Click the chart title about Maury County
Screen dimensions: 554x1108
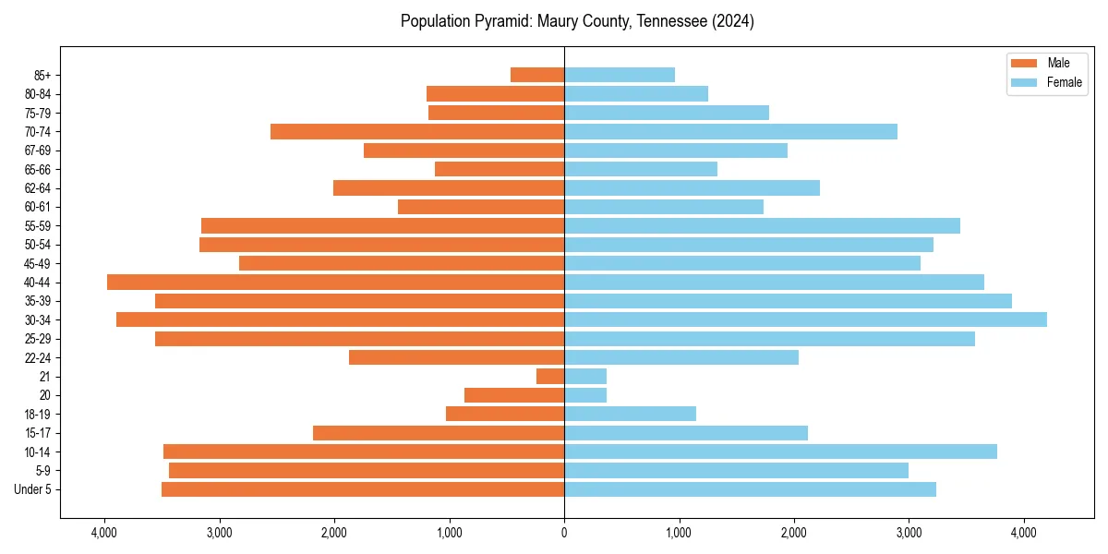point(577,21)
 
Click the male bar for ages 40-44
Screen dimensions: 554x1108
point(335,282)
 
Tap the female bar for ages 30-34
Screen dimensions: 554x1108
point(805,319)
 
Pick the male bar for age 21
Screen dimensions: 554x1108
point(550,376)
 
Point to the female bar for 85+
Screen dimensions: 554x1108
point(620,75)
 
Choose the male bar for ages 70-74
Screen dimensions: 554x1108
point(417,131)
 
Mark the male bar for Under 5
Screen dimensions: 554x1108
point(363,489)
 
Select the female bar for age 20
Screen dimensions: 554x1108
point(585,395)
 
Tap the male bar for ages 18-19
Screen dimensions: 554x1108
point(505,414)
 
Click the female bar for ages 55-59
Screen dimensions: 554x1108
point(762,225)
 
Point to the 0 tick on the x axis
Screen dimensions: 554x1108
point(564,533)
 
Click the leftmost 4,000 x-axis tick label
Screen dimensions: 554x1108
point(104,533)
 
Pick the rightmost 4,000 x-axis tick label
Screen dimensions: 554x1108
point(1023,533)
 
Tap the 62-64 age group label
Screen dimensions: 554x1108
point(38,188)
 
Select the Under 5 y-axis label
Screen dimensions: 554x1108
point(33,489)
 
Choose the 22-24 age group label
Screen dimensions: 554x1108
point(38,357)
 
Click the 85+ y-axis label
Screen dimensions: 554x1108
point(42,75)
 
